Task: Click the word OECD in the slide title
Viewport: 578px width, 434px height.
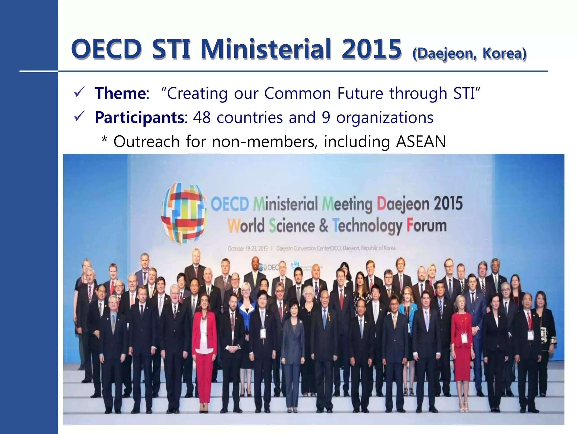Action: pos(106,49)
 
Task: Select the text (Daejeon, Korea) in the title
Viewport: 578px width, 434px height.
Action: pos(469,53)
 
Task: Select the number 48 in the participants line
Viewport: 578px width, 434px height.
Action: pos(202,117)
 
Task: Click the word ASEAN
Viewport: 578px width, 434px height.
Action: pos(421,141)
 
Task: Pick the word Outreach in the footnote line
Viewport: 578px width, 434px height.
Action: pos(146,141)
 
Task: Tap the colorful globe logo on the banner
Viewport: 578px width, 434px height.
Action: pos(183,213)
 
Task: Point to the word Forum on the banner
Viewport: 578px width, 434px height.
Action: pos(426,226)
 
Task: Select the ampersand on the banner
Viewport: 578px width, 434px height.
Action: pos(323,226)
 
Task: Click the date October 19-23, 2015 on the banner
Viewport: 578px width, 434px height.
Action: pos(248,249)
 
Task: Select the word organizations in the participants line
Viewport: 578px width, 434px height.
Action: pos(385,117)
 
